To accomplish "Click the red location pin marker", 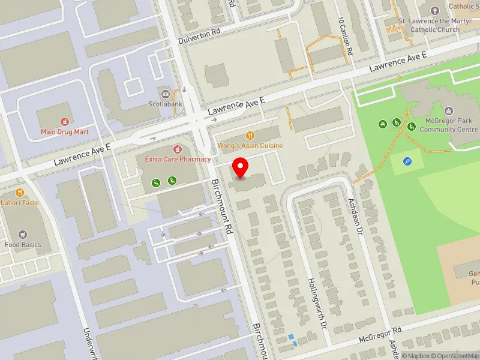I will coord(241,167).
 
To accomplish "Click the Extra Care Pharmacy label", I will coord(177,159).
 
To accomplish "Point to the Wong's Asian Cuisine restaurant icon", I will coord(250,136).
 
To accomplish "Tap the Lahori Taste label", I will coord(19,203).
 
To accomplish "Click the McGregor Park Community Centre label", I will coord(445,125).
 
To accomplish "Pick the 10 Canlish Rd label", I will coord(346,36).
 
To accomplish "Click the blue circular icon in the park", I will coord(407,161).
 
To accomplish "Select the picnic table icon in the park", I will coord(382,124).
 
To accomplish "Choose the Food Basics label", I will coord(23,244).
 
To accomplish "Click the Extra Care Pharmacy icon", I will coord(177,149).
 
